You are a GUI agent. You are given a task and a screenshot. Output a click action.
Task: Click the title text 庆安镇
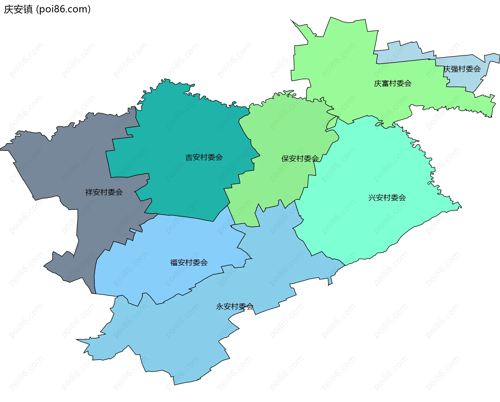pyautogui.click(x=18, y=9)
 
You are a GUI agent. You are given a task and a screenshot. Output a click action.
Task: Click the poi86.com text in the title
pyautogui.click(x=63, y=9)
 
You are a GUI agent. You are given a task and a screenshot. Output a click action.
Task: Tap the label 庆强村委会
pyautogui.click(x=462, y=69)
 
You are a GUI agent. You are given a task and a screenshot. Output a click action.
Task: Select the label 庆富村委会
pyautogui.click(x=393, y=83)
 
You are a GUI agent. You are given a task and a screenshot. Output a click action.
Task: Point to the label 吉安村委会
pyautogui.click(x=204, y=157)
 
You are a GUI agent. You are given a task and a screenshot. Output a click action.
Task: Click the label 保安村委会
pyautogui.click(x=300, y=159)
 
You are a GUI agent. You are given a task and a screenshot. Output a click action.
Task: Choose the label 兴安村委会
pyautogui.click(x=387, y=198)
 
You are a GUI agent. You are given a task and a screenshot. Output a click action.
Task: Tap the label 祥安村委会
pyautogui.click(x=104, y=192)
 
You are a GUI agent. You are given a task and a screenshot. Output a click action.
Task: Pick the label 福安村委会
pyautogui.click(x=189, y=262)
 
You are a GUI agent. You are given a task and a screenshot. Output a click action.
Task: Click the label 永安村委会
pyautogui.click(x=235, y=307)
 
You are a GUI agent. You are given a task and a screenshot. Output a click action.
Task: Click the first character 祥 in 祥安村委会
pyautogui.click(x=89, y=192)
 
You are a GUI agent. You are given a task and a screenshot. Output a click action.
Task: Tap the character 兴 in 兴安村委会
pyautogui.click(x=372, y=198)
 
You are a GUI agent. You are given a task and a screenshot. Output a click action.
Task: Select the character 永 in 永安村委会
pyautogui.click(x=220, y=307)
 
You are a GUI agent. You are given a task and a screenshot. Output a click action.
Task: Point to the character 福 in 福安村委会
pyautogui.click(x=174, y=262)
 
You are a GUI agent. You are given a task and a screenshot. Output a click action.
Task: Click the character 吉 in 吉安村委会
pyautogui.click(x=189, y=157)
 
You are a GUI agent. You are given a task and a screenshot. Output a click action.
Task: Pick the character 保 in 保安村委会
pyautogui.click(x=285, y=159)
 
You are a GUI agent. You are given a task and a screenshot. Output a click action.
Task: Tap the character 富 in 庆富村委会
pyautogui.click(x=385, y=83)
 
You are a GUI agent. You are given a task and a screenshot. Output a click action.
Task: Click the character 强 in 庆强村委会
pyautogui.click(x=454, y=69)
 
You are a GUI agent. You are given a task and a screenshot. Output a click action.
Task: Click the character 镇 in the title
pyautogui.click(x=28, y=9)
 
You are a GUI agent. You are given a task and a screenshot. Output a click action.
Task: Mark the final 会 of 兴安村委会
pyautogui.click(x=402, y=198)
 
